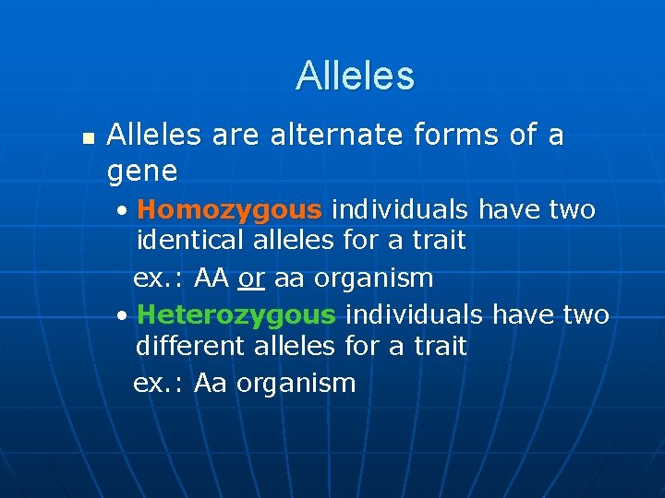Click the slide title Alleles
(355, 76)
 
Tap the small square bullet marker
(88, 137)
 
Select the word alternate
(337, 136)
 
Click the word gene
(142, 171)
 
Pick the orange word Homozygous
(230, 210)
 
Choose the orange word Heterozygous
(236, 315)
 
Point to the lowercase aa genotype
(289, 278)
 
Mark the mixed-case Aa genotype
(211, 383)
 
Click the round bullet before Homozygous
(124, 211)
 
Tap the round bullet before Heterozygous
(124, 316)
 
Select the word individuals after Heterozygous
(414, 315)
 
